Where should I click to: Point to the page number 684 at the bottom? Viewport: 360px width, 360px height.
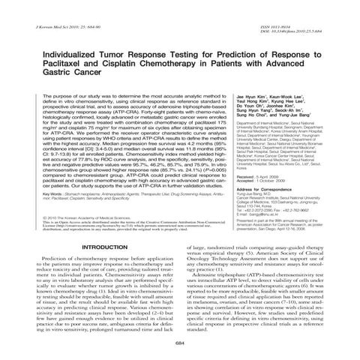pos(179,343)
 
